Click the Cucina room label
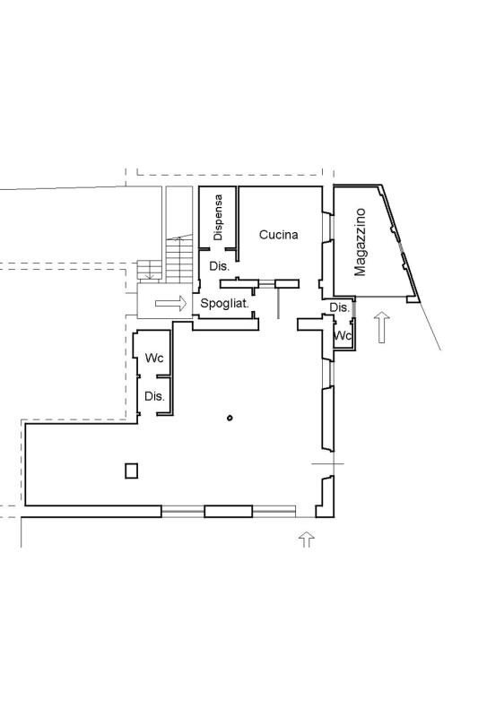click(x=278, y=235)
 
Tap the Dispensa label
click(x=218, y=218)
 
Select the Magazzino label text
click(x=360, y=242)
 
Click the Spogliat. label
click(x=224, y=303)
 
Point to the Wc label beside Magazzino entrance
click(x=343, y=335)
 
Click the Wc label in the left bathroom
click(x=154, y=358)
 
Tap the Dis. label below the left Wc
click(x=154, y=396)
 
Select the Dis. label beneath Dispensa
click(x=219, y=266)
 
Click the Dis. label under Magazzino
click(x=339, y=307)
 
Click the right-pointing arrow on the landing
click(x=170, y=303)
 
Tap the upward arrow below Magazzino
click(x=382, y=327)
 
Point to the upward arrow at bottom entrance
click(x=307, y=540)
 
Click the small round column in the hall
click(x=230, y=418)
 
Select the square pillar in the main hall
click(x=132, y=471)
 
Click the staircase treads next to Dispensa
click(x=179, y=259)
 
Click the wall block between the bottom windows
click(x=229, y=511)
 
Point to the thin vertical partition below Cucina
click(x=278, y=303)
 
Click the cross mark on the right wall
click(x=327, y=463)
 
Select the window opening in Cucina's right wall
click(x=327, y=228)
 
